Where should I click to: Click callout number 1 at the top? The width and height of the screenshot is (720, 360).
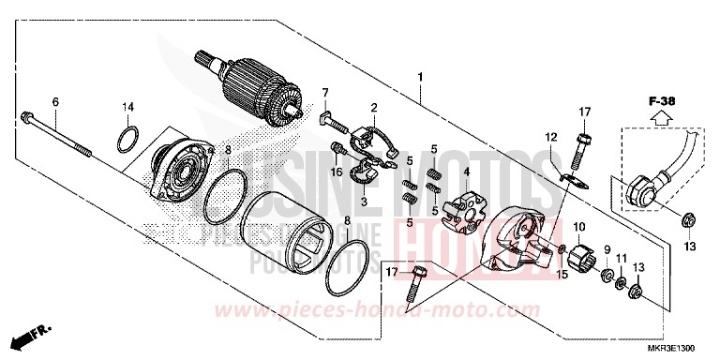pyautogui.click(x=421, y=76)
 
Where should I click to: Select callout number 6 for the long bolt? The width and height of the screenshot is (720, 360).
pyautogui.click(x=54, y=101)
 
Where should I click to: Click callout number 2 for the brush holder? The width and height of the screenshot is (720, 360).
pyautogui.click(x=373, y=108)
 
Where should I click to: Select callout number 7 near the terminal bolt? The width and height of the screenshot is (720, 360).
pyautogui.click(x=326, y=92)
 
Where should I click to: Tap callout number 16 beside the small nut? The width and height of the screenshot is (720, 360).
pyautogui.click(x=335, y=172)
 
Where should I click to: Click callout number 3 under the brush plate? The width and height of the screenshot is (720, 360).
pyautogui.click(x=364, y=201)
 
